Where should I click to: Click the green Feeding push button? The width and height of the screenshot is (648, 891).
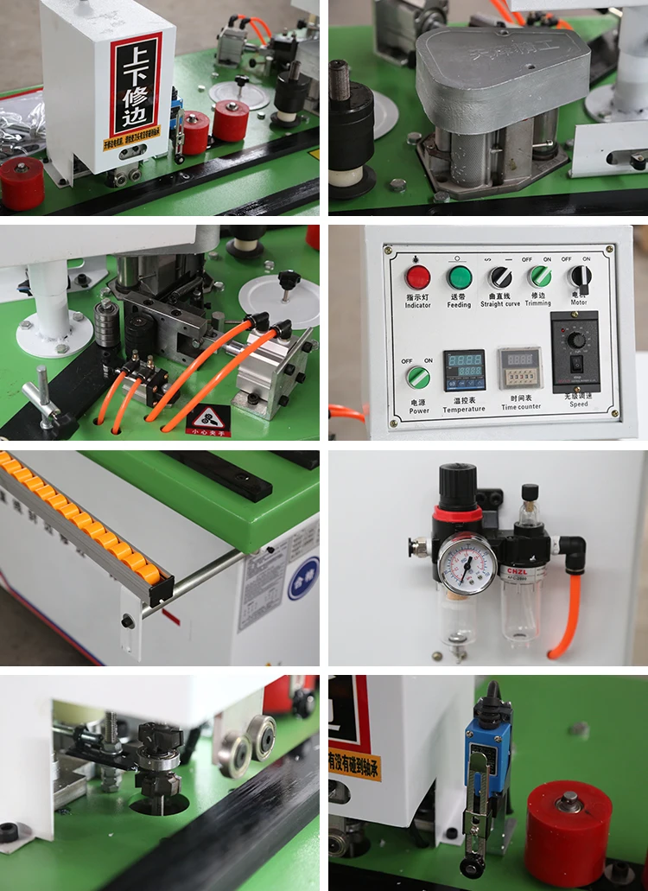point(460,277)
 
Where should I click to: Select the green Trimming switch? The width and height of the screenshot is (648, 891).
point(541,277)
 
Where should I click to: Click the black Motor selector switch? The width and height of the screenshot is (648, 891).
point(581,277)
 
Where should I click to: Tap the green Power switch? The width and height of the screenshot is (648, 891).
point(418,378)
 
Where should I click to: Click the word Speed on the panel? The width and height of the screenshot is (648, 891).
point(579,404)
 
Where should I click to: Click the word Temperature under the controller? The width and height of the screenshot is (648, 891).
point(465,408)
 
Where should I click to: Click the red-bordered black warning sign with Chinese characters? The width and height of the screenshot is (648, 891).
point(136,85)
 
